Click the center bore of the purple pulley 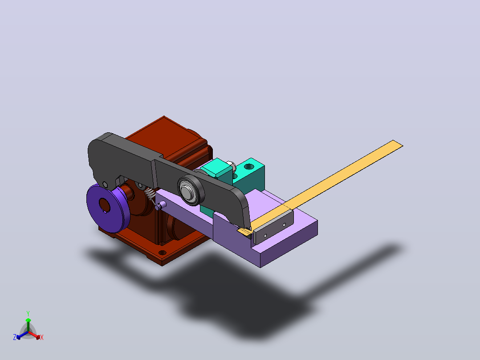pyautogui.click(x=104, y=205)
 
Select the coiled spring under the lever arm pyautogui.click(x=151, y=196)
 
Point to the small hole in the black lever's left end pyautogui.click(x=105, y=184)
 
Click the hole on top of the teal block pyautogui.click(x=249, y=167)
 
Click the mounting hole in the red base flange pyautogui.click(x=162, y=253)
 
